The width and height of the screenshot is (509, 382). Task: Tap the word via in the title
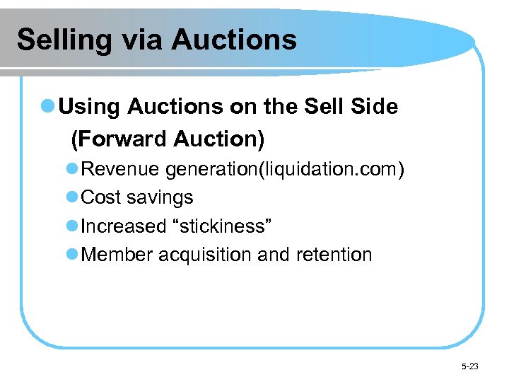pos(137,40)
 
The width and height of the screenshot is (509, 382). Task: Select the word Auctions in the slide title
pos(234,40)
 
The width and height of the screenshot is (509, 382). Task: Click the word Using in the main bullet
pos(90,107)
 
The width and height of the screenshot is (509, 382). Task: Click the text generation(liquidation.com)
pos(285,170)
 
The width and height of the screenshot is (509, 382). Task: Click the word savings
pos(160,198)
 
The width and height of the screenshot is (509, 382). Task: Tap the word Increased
pos(124,226)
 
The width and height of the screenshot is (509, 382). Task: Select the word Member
pos(117,255)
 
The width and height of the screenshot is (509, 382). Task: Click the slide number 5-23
pos(469,366)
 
